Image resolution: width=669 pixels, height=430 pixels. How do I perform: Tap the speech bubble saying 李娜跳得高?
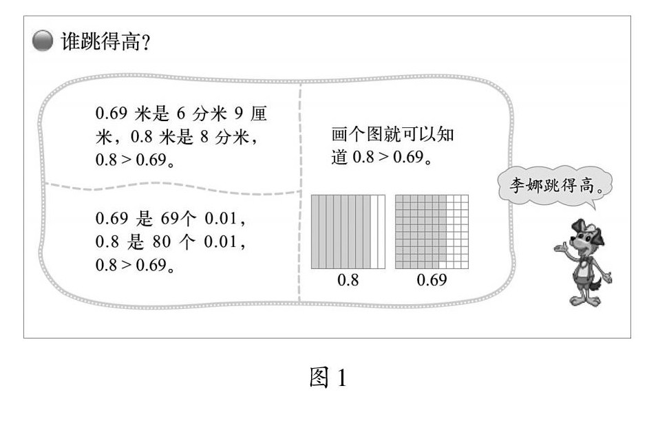point(555,186)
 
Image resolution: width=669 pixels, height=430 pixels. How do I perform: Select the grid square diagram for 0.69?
point(432,231)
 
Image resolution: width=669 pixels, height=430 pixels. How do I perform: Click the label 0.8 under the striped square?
point(348,280)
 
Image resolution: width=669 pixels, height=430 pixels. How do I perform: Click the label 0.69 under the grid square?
point(432,280)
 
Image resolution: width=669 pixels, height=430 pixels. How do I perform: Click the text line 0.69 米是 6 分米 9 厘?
point(181,114)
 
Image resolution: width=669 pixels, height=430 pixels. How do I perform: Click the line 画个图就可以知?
point(392,134)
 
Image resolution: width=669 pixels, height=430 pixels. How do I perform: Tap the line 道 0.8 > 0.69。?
point(381,158)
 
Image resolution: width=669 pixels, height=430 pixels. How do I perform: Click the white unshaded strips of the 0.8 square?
point(377,231)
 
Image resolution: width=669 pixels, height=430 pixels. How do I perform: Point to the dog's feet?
point(582,301)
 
